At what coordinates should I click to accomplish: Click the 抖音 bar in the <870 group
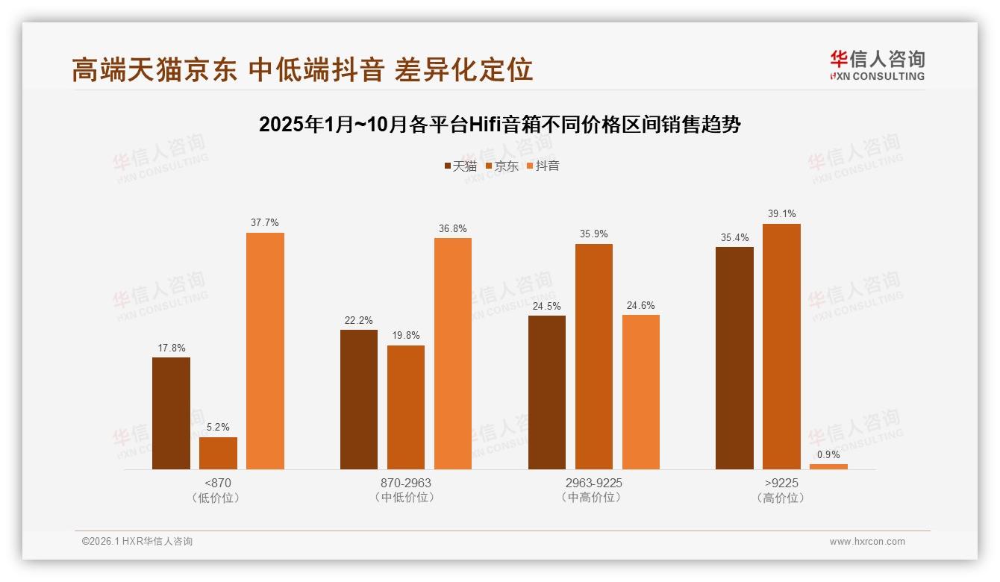pyautogui.click(x=265, y=351)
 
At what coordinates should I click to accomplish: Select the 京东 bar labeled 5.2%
pyautogui.click(x=218, y=453)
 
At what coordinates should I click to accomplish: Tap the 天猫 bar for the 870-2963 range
pyautogui.click(x=359, y=399)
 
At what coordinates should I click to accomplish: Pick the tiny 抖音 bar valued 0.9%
pyautogui.click(x=828, y=466)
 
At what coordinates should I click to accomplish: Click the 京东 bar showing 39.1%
pyautogui.click(x=781, y=346)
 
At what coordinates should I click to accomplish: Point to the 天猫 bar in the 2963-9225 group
pyautogui.click(x=547, y=392)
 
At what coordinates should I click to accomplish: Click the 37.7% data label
pyautogui.click(x=265, y=222)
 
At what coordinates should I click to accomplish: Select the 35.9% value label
pyautogui.click(x=593, y=234)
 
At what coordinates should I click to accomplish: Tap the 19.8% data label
pyautogui.click(x=406, y=335)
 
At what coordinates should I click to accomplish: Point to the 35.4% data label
pyautogui.click(x=734, y=237)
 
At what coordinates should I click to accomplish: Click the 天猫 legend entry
pyautogui.click(x=460, y=166)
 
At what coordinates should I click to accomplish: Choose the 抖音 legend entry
pyautogui.click(x=543, y=166)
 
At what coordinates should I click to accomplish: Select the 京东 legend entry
pyautogui.click(x=501, y=166)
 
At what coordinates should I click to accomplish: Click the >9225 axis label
pyautogui.click(x=781, y=483)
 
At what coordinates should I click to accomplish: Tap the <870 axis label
pyautogui.click(x=217, y=483)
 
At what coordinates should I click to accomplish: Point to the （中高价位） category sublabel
pyautogui.click(x=593, y=497)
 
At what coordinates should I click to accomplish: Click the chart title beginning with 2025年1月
pyautogui.click(x=499, y=125)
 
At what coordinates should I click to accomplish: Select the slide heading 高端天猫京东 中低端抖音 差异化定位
pyautogui.click(x=302, y=69)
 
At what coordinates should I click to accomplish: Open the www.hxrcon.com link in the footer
pyautogui.click(x=867, y=541)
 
